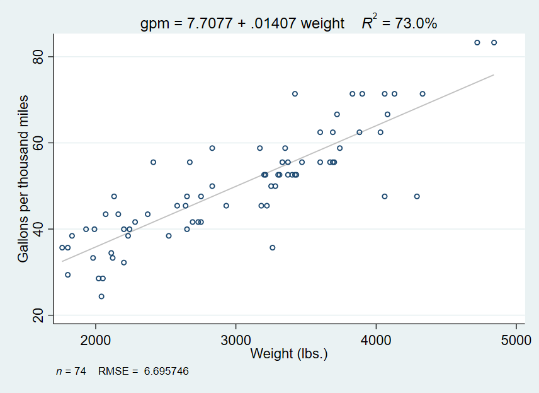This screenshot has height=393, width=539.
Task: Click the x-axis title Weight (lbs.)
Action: pos(289,354)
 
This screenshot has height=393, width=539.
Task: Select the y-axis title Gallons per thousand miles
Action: pos(23,179)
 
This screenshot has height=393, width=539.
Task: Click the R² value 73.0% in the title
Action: pos(415,23)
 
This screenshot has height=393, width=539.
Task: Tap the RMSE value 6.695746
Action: pos(166,372)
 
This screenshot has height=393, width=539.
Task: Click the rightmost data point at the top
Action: pos(494,42)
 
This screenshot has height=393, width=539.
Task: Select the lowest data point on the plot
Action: pos(101,296)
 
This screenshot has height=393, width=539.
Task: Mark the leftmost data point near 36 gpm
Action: pos(62,247)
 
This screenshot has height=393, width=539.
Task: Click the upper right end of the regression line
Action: pos(494,75)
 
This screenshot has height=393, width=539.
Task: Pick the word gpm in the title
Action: pos(153,24)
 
